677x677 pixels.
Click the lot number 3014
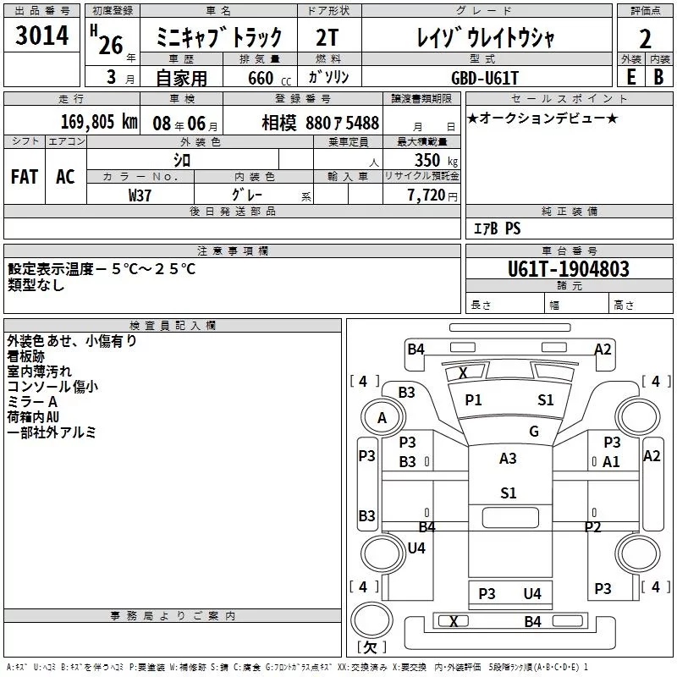[41, 35]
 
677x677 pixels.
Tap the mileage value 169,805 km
[99, 122]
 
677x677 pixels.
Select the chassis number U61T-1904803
[568, 268]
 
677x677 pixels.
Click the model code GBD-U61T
[484, 78]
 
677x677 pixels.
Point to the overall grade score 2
[645, 39]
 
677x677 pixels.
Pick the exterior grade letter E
[630, 77]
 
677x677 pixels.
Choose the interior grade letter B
[658, 77]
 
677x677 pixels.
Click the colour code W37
[140, 195]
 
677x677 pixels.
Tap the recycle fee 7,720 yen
[432, 195]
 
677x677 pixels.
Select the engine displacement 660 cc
[269, 78]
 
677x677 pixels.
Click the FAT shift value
[25, 177]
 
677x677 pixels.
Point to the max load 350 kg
[436, 160]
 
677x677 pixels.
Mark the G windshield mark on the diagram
[534, 431]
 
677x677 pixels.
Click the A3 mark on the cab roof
[508, 458]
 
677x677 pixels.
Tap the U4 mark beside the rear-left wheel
[416, 548]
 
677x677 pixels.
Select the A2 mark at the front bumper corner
[603, 350]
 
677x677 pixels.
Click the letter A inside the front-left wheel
[383, 418]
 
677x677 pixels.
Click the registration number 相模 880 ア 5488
[321, 123]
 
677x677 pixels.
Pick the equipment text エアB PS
[497, 228]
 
